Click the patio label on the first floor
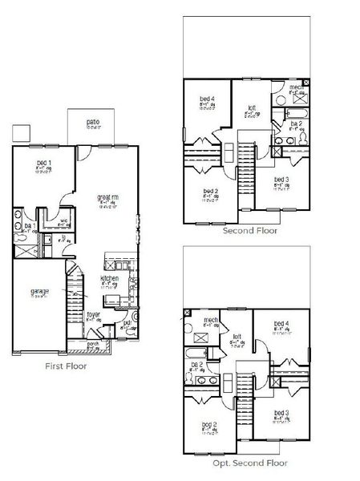pyautogui.click(x=93, y=122)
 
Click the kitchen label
pyautogui.click(x=109, y=278)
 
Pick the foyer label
pyautogui.click(x=93, y=315)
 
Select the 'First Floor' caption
pyautogui.click(x=67, y=366)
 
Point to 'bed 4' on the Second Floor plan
pyautogui.click(x=207, y=99)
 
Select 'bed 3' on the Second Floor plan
pyautogui.click(x=280, y=180)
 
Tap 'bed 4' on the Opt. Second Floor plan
pyautogui.click(x=280, y=324)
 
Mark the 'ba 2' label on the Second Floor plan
pyautogui.click(x=295, y=123)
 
